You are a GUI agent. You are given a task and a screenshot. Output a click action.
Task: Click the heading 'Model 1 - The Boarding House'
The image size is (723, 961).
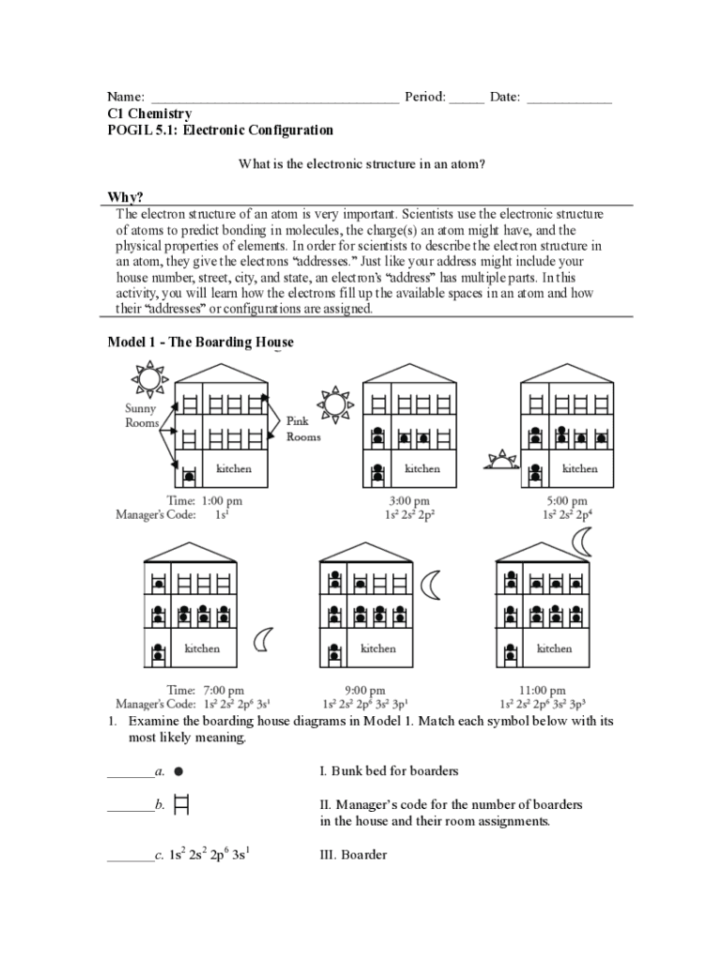point(200,343)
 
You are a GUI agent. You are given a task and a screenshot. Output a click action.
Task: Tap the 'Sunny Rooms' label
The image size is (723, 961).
point(142,416)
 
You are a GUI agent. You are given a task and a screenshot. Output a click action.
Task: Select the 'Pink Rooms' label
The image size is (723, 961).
point(303,430)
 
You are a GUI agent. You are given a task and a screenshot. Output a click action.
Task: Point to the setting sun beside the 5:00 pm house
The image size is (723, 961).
point(502,460)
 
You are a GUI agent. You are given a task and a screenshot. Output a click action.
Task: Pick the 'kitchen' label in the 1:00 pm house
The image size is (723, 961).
point(234,468)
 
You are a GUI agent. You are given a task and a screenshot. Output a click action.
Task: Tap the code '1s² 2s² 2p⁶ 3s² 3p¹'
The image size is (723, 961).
point(364,704)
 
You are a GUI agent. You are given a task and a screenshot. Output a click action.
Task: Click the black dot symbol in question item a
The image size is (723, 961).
point(177,770)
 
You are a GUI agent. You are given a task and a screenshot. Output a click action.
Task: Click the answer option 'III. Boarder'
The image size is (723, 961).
point(353,855)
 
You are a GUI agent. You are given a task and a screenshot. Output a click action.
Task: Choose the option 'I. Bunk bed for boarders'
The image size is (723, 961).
point(389,771)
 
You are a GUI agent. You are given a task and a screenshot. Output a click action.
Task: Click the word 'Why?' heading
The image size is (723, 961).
point(126,197)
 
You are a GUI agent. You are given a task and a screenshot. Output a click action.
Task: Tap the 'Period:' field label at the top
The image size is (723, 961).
point(424,97)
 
